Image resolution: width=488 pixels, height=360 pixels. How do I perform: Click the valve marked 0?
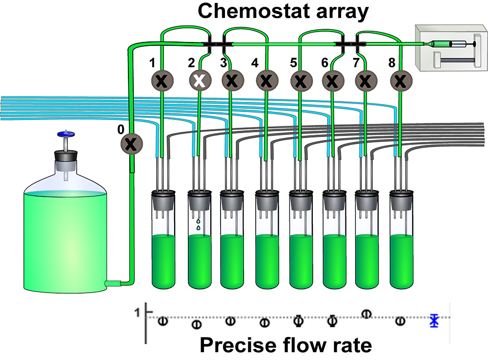click(130, 143)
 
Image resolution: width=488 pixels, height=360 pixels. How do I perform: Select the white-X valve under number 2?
click(199, 79)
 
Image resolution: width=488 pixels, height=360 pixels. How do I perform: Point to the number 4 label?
click(255, 62)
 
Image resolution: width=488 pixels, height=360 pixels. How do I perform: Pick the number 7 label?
click(356, 62)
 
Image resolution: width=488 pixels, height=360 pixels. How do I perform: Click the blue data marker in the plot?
click(434, 320)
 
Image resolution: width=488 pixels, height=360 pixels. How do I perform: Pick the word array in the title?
click(339, 12)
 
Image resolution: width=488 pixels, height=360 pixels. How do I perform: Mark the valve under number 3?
click(232, 79)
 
